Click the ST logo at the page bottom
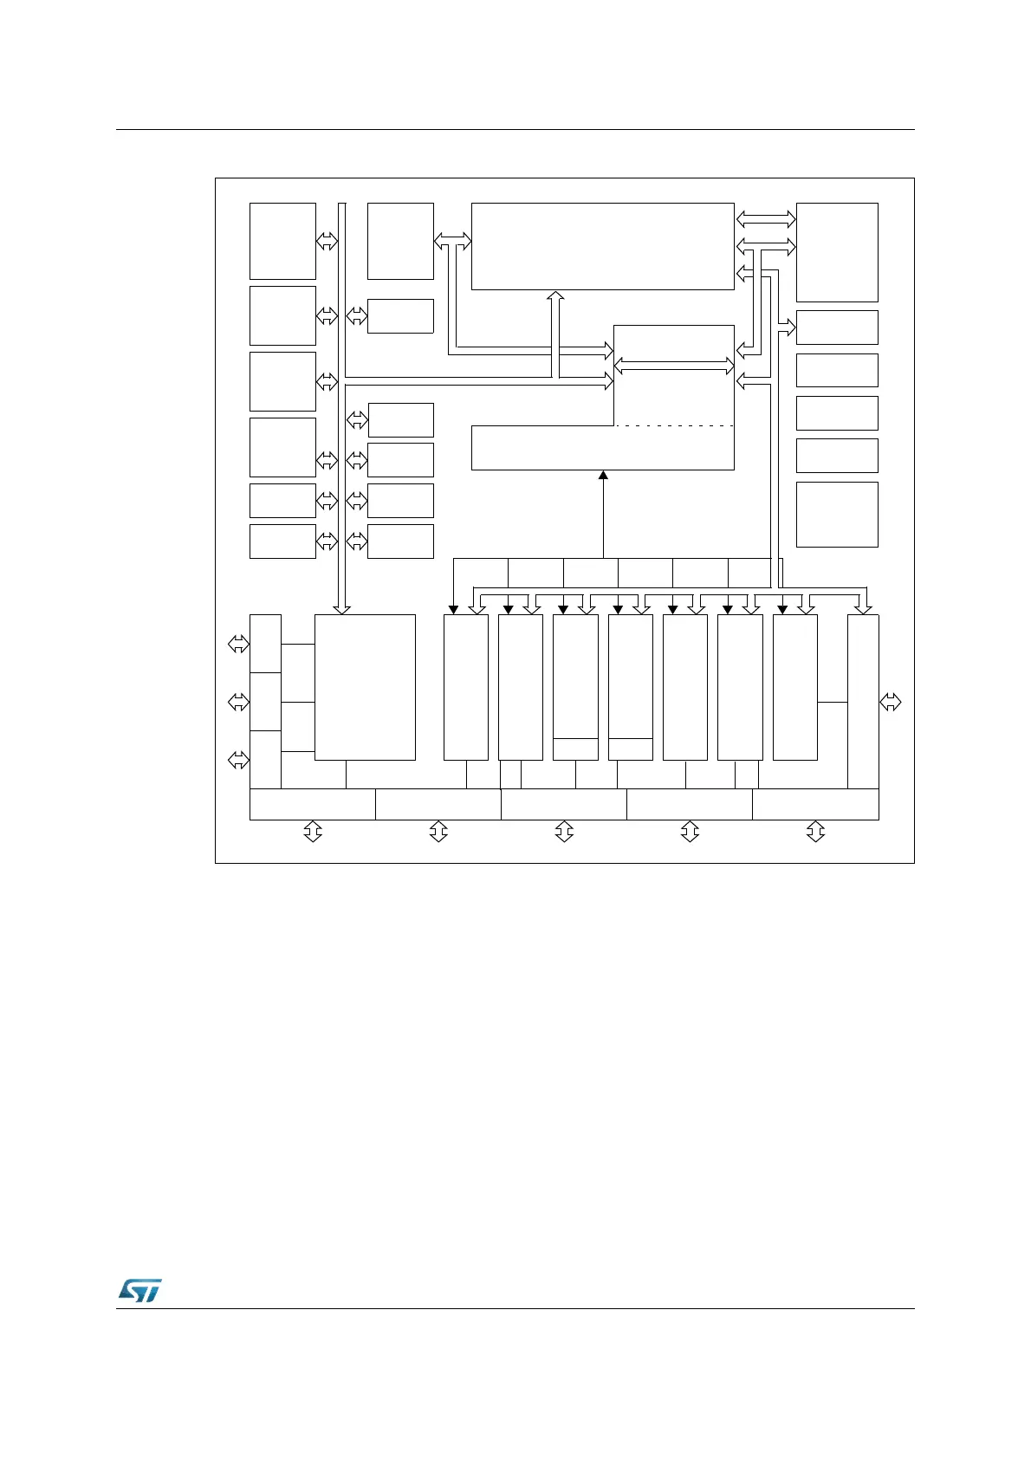point(139,1290)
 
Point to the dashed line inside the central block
point(674,426)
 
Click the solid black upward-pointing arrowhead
point(603,475)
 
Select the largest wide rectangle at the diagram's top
point(602,246)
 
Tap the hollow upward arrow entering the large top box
point(556,297)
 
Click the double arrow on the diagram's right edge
point(891,702)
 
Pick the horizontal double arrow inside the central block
point(674,366)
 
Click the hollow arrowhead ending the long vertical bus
point(342,608)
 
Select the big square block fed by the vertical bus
point(365,687)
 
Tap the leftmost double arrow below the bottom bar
point(313,832)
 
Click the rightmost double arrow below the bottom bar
point(815,832)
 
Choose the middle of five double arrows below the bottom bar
point(564,832)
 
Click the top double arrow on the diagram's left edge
point(237,644)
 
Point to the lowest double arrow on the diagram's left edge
point(237,760)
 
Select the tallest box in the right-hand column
point(837,252)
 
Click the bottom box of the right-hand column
point(837,515)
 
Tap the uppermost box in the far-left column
point(282,241)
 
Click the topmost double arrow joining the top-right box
point(766,219)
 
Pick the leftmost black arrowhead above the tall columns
point(454,609)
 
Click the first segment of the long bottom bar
point(312,804)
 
